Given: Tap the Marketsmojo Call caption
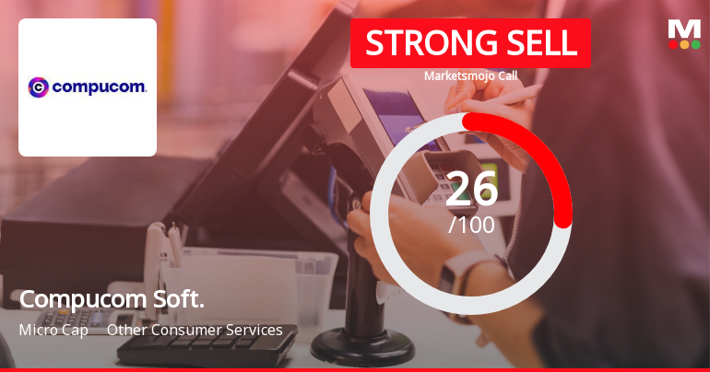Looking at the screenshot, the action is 470,76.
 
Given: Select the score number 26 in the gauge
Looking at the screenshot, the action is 471,190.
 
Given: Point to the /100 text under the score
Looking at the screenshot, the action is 471,225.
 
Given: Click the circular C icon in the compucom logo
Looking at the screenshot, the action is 39,87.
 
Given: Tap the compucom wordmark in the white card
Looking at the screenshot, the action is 100,87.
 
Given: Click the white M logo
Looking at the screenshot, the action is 684,29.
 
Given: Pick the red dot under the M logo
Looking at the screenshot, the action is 673,44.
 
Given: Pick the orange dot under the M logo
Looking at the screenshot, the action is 684,44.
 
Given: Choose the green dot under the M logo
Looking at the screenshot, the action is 695,44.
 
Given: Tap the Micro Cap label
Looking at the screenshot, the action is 53,330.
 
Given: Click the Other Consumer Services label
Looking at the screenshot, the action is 195,330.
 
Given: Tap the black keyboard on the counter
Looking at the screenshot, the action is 206,346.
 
